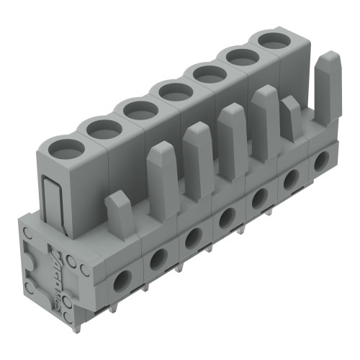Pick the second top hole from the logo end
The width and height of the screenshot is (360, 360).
point(104,130)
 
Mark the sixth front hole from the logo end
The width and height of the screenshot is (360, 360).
point(292,179)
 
